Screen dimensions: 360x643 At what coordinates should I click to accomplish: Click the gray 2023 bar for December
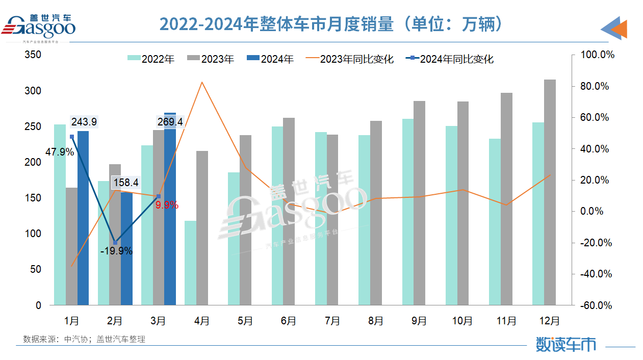[x=550, y=192]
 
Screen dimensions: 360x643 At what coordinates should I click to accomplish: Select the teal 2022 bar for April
[x=190, y=263]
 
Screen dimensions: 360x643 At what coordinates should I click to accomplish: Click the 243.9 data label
[x=84, y=122]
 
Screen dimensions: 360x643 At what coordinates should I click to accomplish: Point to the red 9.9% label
[x=167, y=205]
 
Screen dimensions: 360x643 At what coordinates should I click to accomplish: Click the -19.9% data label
[x=117, y=251]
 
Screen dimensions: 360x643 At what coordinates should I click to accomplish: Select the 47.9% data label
[x=59, y=151]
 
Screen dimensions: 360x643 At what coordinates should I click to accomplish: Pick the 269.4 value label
[x=170, y=122]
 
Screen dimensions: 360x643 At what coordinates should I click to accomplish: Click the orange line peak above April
[x=202, y=82]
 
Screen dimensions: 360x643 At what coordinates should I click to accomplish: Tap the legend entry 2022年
[x=151, y=59]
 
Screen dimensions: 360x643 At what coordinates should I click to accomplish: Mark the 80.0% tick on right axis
[x=595, y=86]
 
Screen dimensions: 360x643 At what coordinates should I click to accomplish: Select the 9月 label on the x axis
[x=419, y=321]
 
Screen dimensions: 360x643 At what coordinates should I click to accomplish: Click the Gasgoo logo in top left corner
[x=41, y=27]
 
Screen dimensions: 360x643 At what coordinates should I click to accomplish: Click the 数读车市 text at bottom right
[x=565, y=344]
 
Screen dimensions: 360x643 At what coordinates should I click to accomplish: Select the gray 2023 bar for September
[x=419, y=203]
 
